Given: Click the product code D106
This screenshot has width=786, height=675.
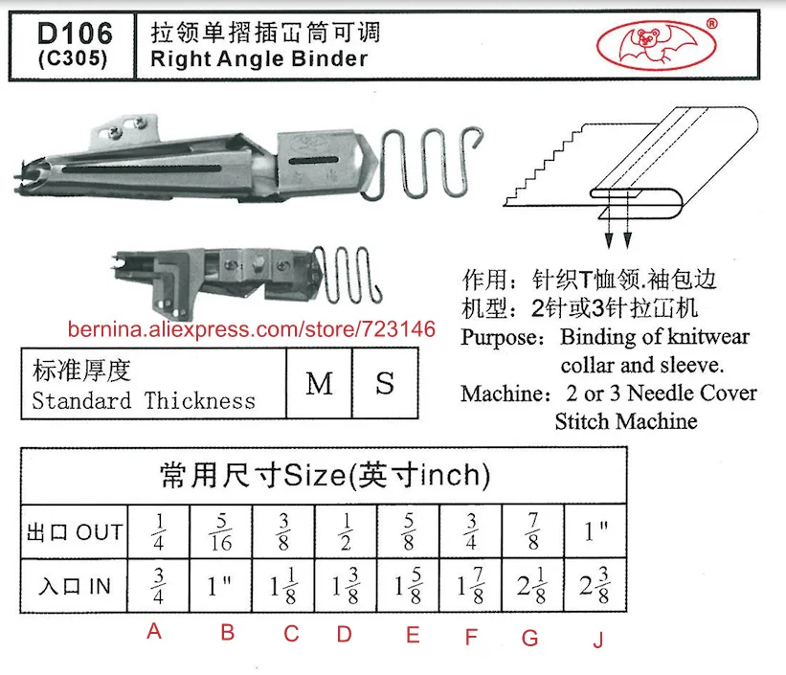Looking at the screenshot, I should (73, 34).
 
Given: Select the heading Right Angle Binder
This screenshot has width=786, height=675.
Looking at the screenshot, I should (258, 58).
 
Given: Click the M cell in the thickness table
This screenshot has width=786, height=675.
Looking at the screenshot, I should (319, 384).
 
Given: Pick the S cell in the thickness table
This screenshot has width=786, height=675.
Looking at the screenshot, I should (385, 384).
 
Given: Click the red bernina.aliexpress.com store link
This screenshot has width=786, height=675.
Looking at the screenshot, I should (251, 329).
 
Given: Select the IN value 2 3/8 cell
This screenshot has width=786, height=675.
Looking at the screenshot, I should (595, 587).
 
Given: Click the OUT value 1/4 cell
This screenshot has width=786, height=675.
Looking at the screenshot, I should (159, 531).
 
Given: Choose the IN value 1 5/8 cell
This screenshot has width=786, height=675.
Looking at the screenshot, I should (409, 587).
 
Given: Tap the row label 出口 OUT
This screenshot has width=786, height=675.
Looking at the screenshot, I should (76, 531).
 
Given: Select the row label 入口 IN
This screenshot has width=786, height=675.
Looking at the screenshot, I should (76, 587).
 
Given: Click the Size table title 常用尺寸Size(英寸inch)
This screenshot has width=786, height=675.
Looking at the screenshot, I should (324, 475).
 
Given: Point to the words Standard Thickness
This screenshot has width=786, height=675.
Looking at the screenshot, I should (144, 400).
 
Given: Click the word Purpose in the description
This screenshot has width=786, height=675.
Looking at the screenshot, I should (504, 337).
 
